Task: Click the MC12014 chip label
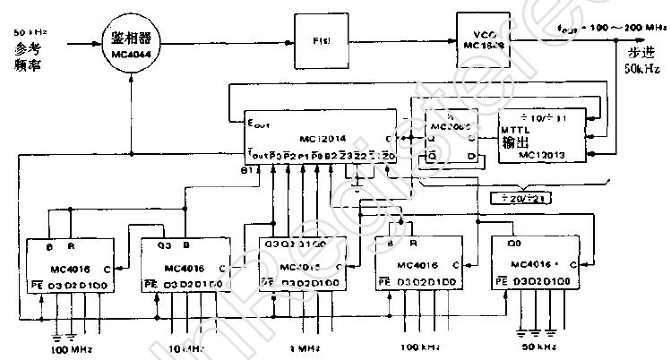[x=331, y=140]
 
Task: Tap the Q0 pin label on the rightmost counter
[x=512, y=243]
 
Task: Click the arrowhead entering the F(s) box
[x=289, y=40]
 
